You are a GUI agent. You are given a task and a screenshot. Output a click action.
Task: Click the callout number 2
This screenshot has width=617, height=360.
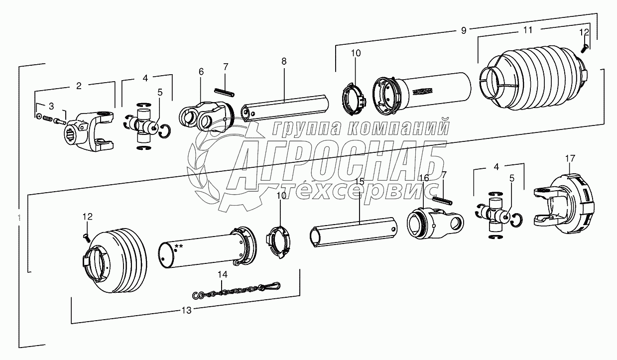79,86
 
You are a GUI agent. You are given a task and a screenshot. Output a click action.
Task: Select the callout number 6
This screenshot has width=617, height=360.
201,72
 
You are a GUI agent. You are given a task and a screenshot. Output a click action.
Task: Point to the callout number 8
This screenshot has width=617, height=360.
284,61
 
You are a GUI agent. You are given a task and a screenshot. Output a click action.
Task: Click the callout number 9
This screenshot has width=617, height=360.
463,31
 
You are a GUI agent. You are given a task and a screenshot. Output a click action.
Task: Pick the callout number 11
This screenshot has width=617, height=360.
528,30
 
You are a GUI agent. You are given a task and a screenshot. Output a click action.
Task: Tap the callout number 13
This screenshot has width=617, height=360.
186,310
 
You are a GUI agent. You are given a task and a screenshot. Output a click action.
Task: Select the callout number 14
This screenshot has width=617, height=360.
222,274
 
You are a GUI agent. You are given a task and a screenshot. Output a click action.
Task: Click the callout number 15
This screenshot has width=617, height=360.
360,181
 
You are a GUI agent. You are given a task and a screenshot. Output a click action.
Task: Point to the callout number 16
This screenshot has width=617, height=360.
423,177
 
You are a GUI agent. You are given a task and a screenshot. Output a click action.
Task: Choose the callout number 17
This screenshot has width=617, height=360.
570,158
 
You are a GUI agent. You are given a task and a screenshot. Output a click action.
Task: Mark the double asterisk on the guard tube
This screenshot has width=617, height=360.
178,246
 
